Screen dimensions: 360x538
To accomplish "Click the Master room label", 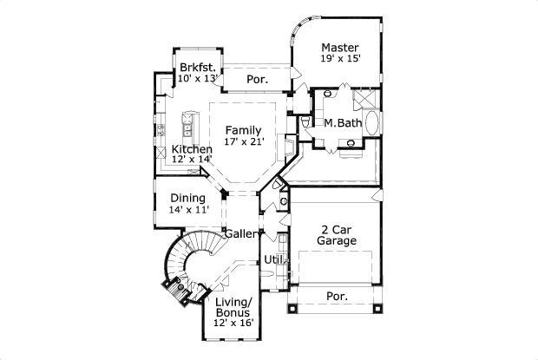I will [339, 47].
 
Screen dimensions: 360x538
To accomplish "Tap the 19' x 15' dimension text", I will [339, 59].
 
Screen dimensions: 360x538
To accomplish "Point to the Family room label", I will [244, 130].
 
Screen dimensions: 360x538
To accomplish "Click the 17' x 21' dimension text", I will [244, 141].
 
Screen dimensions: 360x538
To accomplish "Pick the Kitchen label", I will [192, 149].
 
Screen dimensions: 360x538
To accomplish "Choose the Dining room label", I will [187, 198].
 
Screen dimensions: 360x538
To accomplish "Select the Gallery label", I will [243, 233].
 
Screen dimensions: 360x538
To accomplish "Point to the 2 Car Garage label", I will [336, 235].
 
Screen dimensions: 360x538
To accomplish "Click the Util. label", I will [275, 259].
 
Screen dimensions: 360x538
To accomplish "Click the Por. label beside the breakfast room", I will [257, 79].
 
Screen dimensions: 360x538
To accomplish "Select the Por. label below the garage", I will [337, 296].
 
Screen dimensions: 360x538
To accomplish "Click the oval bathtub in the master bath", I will [372, 123].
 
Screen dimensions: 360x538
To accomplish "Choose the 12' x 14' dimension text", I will [192, 160].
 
